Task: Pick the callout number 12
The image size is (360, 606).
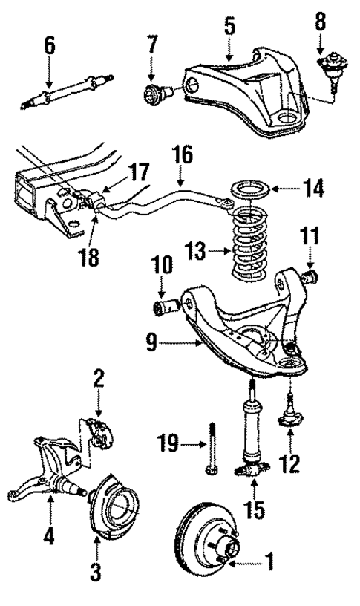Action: tap(290, 466)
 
